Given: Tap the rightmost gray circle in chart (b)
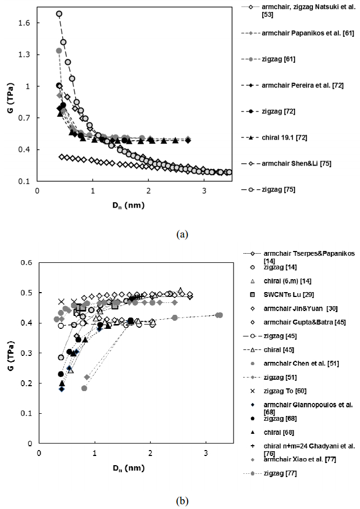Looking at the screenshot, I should (x=219, y=315).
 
